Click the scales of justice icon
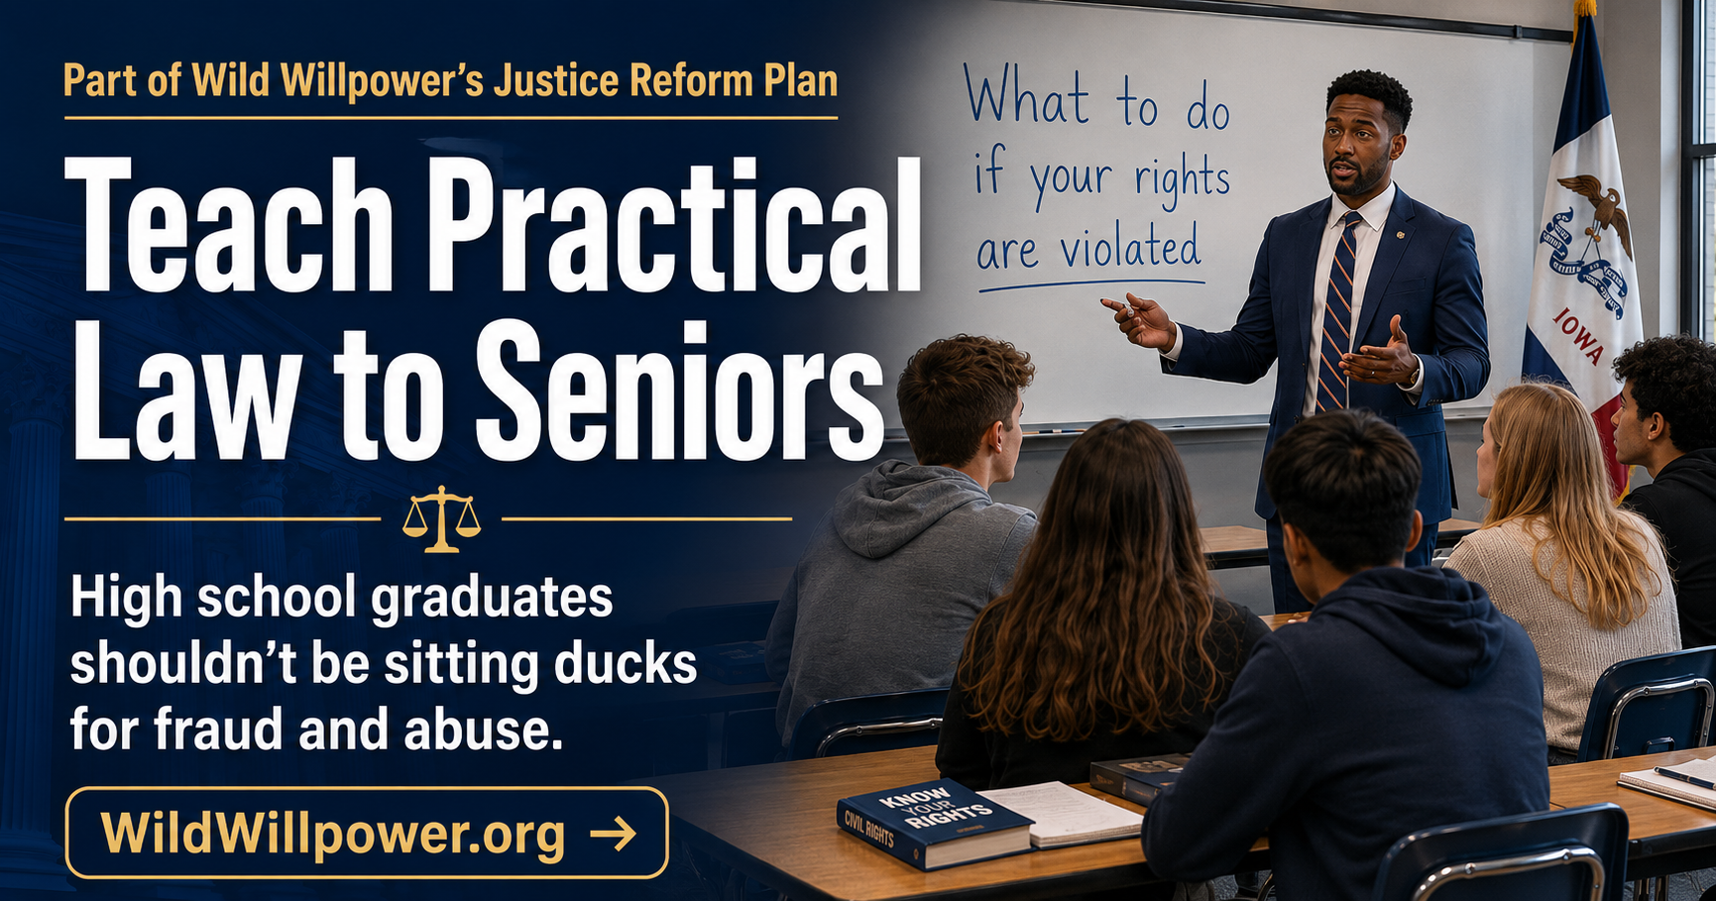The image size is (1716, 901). click(x=441, y=518)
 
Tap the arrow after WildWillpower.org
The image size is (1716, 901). click(x=613, y=834)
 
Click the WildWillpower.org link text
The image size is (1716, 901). click(x=333, y=834)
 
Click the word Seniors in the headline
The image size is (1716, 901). click(x=678, y=389)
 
